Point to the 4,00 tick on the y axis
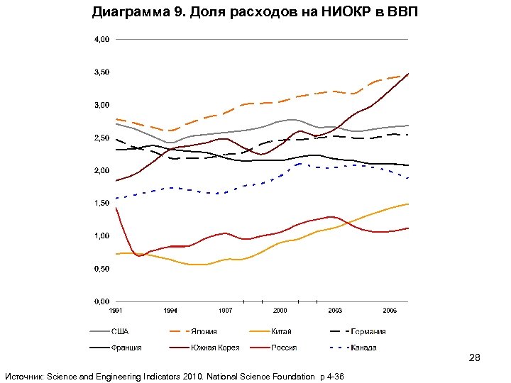(x=102, y=40)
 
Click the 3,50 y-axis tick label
(x=102, y=72)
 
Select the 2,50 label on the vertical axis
(x=102, y=138)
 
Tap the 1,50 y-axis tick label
(x=102, y=203)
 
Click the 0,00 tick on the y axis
(x=102, y=301)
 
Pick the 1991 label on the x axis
(x=116, y=311)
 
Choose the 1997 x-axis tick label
(x=225, y=311)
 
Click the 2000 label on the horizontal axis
(x=280, y=311)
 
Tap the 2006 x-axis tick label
(x=390, y=311)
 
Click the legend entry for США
(x=119, y=331)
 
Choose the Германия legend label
(x=368, y=331)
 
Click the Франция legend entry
(x=126, y=348)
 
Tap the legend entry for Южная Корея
(x=214, y=348)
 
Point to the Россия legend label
(x=284, y=348)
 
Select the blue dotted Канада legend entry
(x=363, y=348)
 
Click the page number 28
(x=475, y=358)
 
